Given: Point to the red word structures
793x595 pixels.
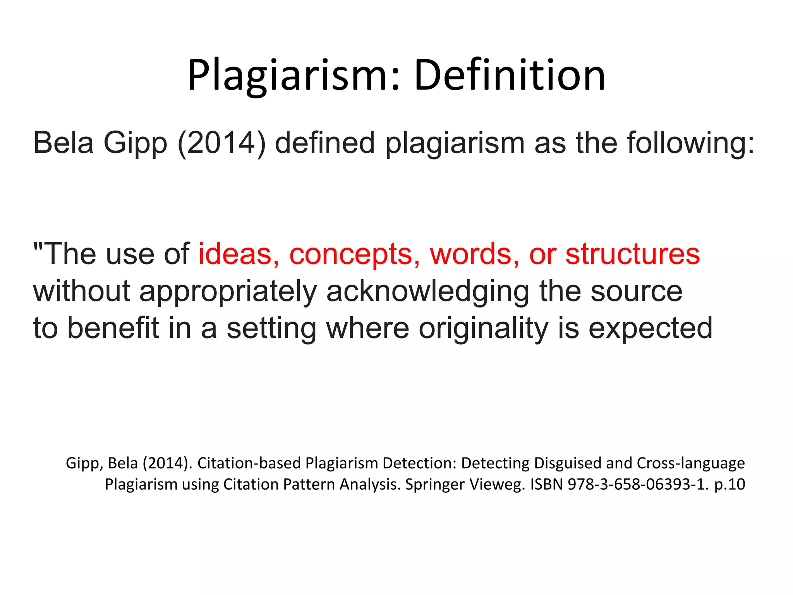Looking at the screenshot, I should pos(633,254).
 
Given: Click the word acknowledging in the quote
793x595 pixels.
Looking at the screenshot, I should pos(428,291).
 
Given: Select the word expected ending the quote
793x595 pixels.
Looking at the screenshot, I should pos(651,328).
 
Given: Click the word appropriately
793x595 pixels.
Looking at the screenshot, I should pos(228,291).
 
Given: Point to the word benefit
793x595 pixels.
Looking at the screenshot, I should pos(113,328).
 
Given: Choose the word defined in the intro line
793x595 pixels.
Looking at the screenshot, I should pos(325,143).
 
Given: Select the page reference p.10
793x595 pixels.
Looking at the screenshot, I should pos(729,484).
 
